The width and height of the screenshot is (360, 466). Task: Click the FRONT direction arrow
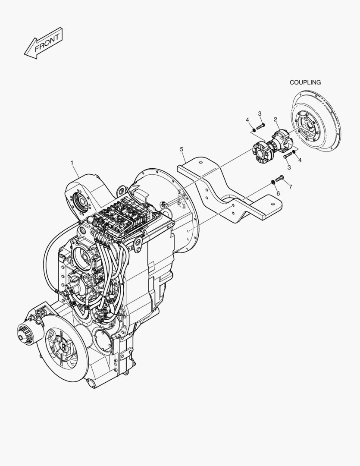click(43, 43)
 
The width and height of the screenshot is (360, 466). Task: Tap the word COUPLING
click(305, 82)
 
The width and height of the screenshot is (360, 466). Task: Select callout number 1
click(72, 163)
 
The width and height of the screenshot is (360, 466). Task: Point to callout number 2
click(275, 120)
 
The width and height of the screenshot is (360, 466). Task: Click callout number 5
click(182, 149)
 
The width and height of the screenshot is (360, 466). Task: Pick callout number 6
click(278, 193)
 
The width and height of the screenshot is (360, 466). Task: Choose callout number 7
click(290, 186)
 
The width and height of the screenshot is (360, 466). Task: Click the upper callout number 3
click(260, 113)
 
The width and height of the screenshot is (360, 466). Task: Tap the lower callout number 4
click(300, 160)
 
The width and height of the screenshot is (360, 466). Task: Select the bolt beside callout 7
click(279, 178)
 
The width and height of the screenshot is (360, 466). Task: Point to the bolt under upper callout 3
click(260, 127)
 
